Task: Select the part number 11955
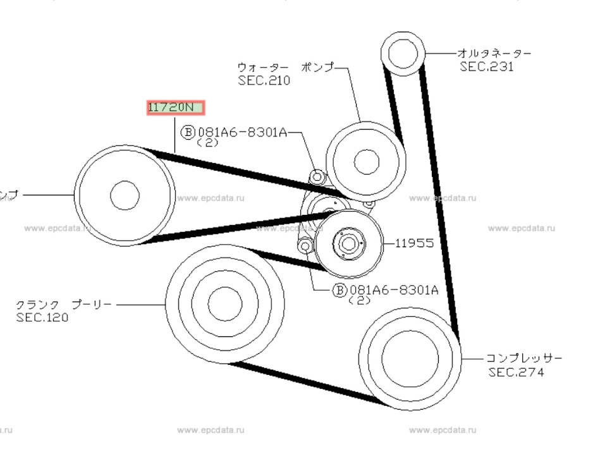pyautogui.click(x=415, y=243)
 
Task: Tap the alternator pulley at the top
pyautogui.click(x=402, y=54)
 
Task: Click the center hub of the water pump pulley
pyautogui.click(x=366, y=162)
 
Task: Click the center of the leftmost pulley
pyautogui.click(x=125, y=195)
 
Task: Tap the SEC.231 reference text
pyautogui.click(x=486, y=66)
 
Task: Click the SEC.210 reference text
pyautogui.click(x=264, y=80)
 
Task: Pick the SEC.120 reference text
pyautogui.click(x=42, y=317)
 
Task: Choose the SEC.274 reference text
pyautogui.click(x=515, y=372)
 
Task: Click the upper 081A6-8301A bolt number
pyautogui.click(x=243, y=132)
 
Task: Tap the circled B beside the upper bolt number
pyautogui.click(x=188, y=132)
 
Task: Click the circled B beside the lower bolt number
pyautogui.click(x=340, y=290)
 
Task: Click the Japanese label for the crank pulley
pyautogui.click(x=64, y=304)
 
